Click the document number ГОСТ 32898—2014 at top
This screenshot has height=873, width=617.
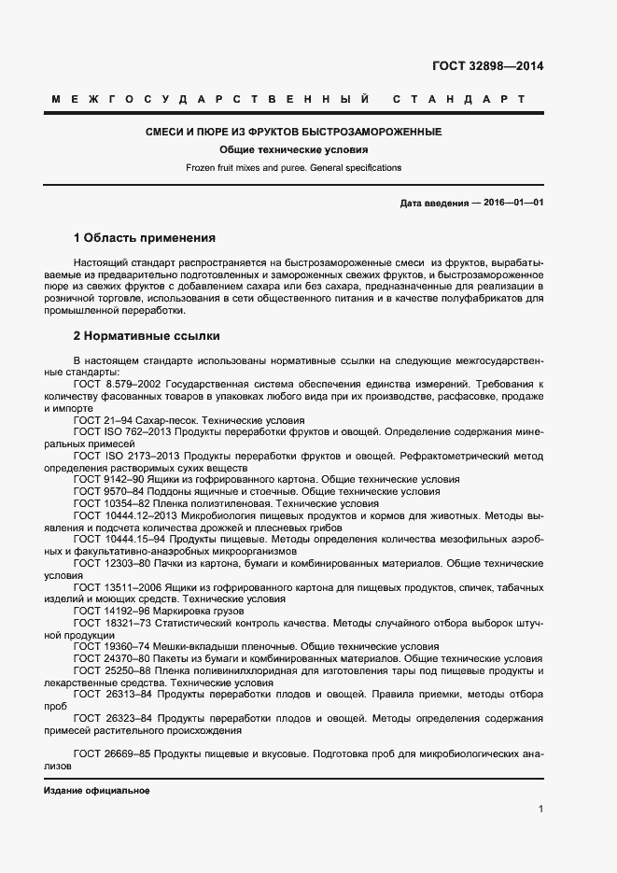(x=487, y=66)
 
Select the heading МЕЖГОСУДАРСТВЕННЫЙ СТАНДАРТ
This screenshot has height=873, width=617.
(x=287, y=99)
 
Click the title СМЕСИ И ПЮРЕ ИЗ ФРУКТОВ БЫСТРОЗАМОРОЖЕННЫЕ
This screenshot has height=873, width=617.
(x=293, y=133)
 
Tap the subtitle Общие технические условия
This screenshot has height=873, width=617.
(x=294, y=150)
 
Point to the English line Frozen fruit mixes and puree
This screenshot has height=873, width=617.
(x=293, y=168)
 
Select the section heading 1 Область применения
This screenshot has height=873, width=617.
(x=144, y=238)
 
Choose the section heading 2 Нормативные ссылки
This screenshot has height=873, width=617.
(x=147, y=335)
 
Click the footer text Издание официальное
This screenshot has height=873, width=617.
(x=97, y=790)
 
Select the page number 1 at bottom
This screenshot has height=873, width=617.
(x=541, y=809)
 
